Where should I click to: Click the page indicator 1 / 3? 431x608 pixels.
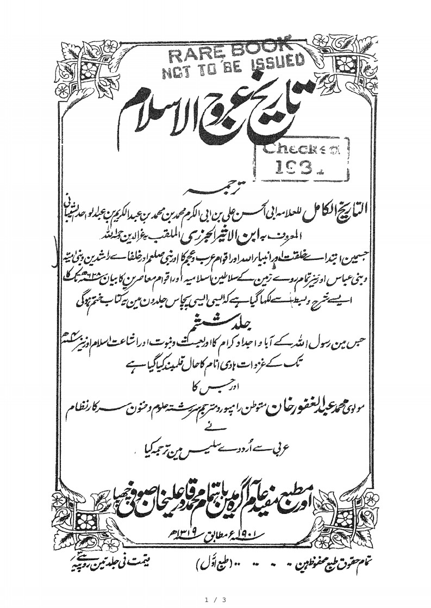(x=215, y=598)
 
